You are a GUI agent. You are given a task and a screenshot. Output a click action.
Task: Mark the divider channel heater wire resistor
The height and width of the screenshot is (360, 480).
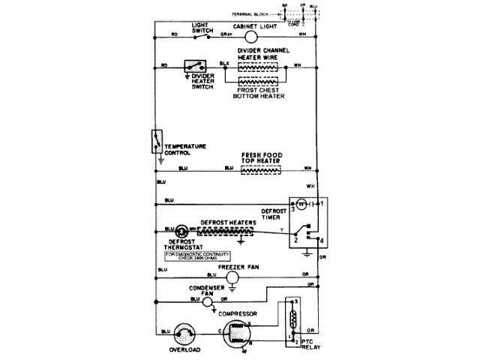coord(258,66)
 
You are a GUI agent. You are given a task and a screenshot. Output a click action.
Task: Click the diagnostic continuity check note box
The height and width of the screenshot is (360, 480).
coord(193,256)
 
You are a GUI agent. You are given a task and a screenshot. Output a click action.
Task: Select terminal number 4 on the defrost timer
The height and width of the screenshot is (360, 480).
coord(322,240)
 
